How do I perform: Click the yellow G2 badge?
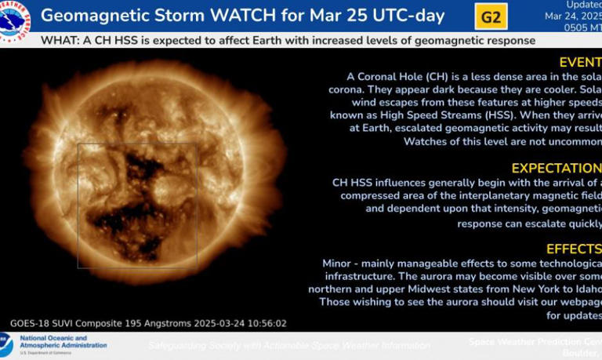pyautogui.click(x=491, y=16)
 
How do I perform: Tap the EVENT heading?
pyautogui.click(x=580, y=63)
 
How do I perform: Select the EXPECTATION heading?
pyautogui.click(x=556, y=169)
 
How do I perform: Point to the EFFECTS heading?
pyautogui.click(x=573, y=249)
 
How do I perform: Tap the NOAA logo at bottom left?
pyautogui.click(x=6, y=345)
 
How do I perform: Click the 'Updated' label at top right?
pyautogui.click(x=582, y=5)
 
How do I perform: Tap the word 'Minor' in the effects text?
pyautogui.click(x=338, y=264)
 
